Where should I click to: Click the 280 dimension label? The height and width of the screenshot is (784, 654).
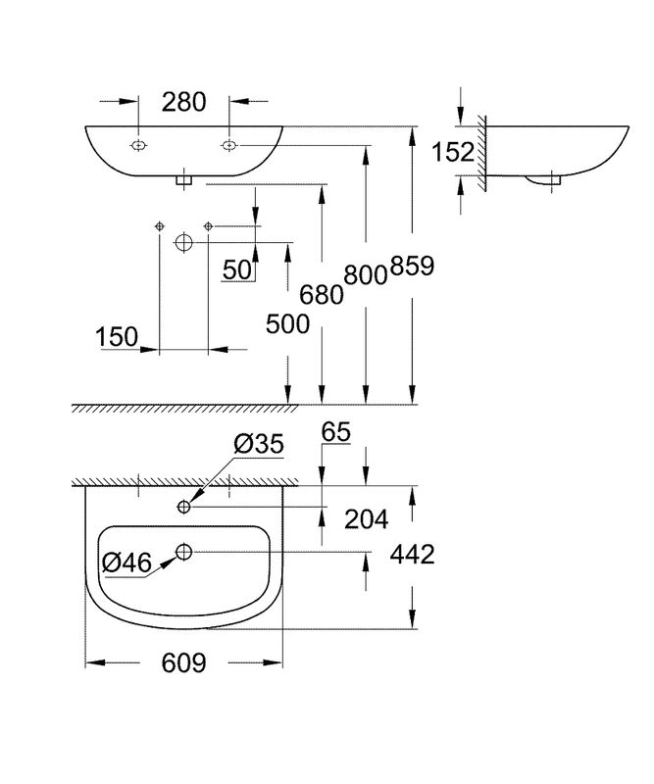pyautogui.click(x=183, y=102)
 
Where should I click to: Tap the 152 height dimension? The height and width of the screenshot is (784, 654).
pyautogui.click(x=453, y=152)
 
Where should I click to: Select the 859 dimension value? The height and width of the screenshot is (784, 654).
pyautogui.click(x=412, y=266)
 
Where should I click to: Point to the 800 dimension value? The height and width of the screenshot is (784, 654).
pyautogui.click(x=366, y=275)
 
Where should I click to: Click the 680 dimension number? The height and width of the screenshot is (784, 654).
pyautogui.click(x=322, y=295)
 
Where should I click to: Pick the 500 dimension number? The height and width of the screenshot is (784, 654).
pyautogui.click(x=287, y=324)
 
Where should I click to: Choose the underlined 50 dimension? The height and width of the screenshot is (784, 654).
pyautogui.click(x=237, y=270)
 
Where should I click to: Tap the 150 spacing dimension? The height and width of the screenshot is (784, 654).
pyautogui.click(x=117, y=336)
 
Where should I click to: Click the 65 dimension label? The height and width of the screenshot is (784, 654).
pyautogui.click(x=335, y=432)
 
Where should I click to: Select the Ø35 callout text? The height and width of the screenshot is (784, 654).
pyautogui.click(x=259, y=443)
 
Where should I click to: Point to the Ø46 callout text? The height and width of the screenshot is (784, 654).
pyautogui.click(x=126, y=563)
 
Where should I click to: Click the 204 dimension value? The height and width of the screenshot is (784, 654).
pyautogui.click(x=367, y=519)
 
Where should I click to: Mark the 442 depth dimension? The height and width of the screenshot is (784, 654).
pyautogui.click(x=413, y=555)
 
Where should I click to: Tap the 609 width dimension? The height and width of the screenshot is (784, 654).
pyautogui.click(x=183, y=663)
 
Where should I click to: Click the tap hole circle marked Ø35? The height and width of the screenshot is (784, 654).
pyautogui.click(x=184, y=507)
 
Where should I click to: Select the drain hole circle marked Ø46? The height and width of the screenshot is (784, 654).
pyautogui.click(x=184, y=552)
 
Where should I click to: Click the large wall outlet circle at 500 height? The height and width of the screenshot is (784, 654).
pyautogui.click(x=183, y=242)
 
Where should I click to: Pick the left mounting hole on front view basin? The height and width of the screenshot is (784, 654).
pyautogui.click(x=138, y=145)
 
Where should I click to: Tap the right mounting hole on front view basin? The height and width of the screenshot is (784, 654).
pyautogui.click(x=228, y=145)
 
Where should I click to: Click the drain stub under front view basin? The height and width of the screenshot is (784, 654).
pyautogui.click(x=183, y=181)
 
